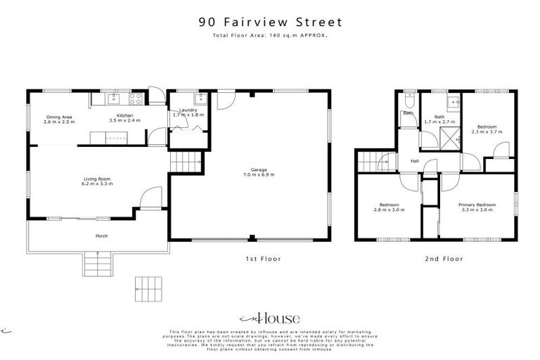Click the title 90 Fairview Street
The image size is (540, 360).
[x=269, y=21]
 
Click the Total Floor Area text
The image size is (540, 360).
[x=269, y=34]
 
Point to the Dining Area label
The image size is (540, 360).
[x=59, y=119]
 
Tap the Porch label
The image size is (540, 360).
[x=101, y=236]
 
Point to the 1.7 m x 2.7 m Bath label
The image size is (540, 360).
[x=439, y=120]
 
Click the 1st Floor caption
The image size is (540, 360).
[x=263, y=259]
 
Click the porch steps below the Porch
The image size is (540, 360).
[x=96, y=264]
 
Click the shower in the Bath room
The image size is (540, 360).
[x=449, y=136]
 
